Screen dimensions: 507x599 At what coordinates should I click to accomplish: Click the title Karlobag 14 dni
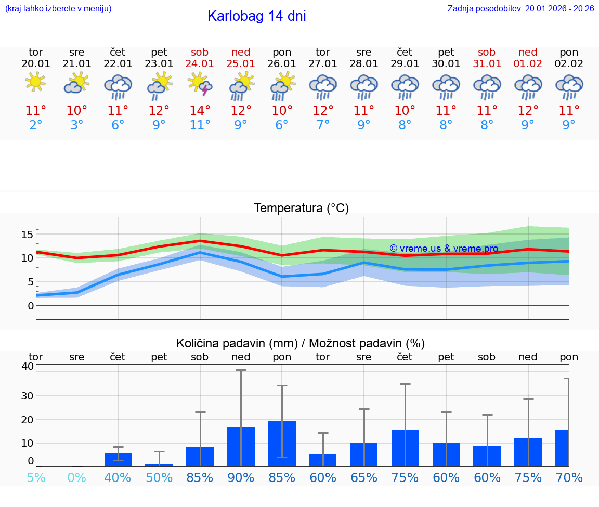(x=256, y=16)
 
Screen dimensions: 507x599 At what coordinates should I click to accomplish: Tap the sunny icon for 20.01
(x=35, y=82)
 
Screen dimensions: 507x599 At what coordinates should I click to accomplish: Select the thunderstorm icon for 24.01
(x=200, y=84)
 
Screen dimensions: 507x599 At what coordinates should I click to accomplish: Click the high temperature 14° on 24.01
(x=200, y=111)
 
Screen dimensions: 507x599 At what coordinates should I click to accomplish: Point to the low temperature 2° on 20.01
(x=35, y=125)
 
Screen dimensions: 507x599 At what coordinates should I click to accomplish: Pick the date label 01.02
(x=528, y=64)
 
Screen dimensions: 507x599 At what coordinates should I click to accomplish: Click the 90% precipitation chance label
(x=241, y=477)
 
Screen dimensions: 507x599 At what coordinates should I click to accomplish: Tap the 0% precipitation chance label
(x=77, y=477)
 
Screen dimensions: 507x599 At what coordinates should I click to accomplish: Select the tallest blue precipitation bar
(x=282, y=444)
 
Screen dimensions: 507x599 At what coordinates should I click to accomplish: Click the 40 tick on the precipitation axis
(x=27, y=366)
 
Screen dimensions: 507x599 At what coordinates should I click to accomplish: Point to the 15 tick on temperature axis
(x=27, y=235)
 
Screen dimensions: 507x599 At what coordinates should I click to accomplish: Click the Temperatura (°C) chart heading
(x=301, y=209)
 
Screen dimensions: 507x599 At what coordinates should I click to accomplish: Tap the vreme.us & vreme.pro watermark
(x=444, y=249)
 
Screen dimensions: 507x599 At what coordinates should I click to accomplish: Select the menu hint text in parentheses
(x=58, y=9)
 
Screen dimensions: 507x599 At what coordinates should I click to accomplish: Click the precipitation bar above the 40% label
(x=118, y=460)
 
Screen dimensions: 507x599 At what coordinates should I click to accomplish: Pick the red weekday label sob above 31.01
(x=487, y=53)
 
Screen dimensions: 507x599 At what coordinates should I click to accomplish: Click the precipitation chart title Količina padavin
(x=301, y=343)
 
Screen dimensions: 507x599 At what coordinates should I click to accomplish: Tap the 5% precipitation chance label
(x=36, y=477)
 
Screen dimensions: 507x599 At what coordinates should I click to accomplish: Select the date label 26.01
(x=282, y=64)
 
